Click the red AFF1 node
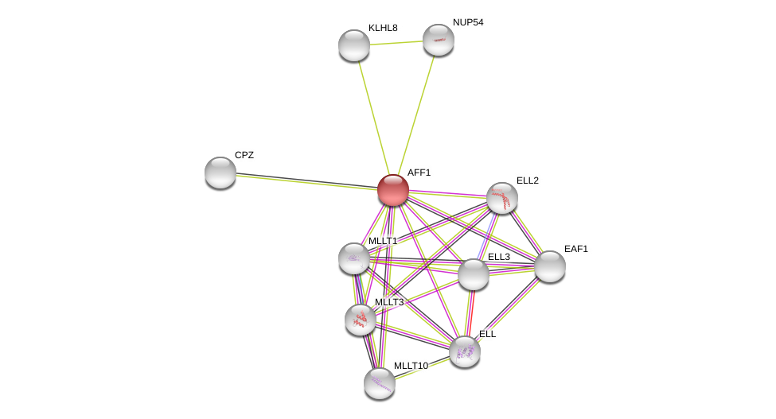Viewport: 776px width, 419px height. tap(393, 190)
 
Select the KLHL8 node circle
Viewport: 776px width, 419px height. tap(354, 45)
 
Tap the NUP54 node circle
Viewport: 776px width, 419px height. tap(439, 40)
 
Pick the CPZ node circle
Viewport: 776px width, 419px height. tap(220, 173)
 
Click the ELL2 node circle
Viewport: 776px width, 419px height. tap(502, 198)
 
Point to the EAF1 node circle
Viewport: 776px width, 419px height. tap(550, 266)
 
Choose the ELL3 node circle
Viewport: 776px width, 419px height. tap(474, 274)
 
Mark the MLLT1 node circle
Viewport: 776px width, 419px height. tap(354, 258)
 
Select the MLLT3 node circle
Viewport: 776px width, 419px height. tap(361, 320)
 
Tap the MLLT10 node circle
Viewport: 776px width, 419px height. tap(380, 383)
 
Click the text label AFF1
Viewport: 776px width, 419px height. tap(419, 173)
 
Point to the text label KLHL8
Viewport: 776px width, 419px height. tap(383, 28)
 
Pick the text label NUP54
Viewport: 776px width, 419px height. tap(468, 22)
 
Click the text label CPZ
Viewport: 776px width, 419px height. tap(244, 155)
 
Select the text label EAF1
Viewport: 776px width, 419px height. tap(576, 249)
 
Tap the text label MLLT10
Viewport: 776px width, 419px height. tap(411, 366)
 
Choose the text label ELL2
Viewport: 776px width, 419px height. tap(528, 180)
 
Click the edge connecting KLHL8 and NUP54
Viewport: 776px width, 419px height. tap(396, 43)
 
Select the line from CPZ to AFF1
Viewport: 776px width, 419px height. tap(306, 181)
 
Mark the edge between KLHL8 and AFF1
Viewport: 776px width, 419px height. tap(373, 117)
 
